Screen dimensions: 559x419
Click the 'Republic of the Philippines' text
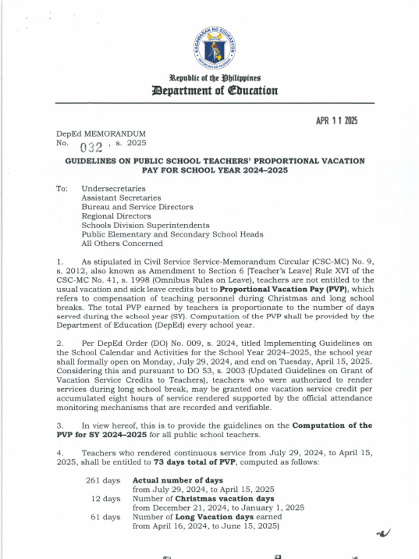point(215,78)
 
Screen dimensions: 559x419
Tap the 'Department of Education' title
point(215,91)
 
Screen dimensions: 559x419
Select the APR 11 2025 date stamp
point(337,121)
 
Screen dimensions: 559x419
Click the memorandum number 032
point(91,146)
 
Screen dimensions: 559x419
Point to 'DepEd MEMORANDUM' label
point(101,133)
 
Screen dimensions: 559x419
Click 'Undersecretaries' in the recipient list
point(113,188)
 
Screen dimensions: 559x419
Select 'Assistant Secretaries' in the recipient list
point(121,198)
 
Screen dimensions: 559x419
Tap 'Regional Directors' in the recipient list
point(116,216)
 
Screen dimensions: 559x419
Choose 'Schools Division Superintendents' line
point(145,225)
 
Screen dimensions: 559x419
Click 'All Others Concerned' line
point(122,243)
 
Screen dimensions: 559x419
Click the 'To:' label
point(62,188)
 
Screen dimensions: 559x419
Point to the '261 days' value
point(103,480)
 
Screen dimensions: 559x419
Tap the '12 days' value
point(105,499)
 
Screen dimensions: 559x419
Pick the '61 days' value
point(105,517)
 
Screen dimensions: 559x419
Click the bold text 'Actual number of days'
point(178,480)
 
